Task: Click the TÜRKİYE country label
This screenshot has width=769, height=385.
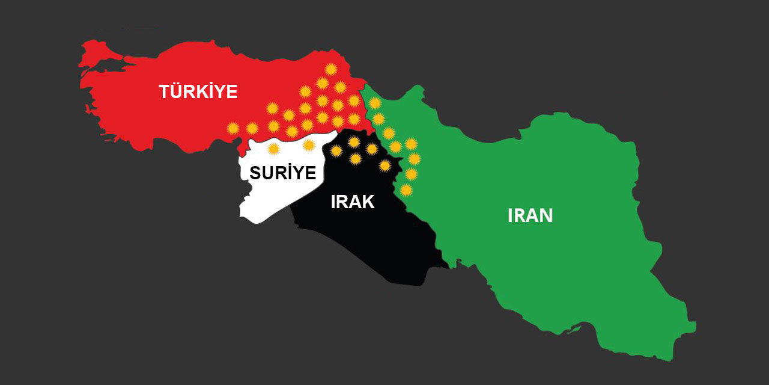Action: pyautogui.click(x=198, y=92)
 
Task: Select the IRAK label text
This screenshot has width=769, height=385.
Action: pyautogui.click(x=353, y=202)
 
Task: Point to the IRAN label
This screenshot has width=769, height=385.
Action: pyautogui.click(x=530, y=215)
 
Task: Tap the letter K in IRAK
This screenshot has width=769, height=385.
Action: pyautogui.click(x=368, y=202)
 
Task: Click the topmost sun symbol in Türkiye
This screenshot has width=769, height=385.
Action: pyautogui.click(x=329, y=69)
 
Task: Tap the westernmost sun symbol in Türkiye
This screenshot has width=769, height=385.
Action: pyautogui.click(x=233, y=128)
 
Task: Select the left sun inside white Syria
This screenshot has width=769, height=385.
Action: pyautogui.click(x=273, y=148)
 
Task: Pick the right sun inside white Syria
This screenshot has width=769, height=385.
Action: pyautogui.click(x=309, y=145)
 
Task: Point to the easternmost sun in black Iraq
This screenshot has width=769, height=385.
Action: pyautogui.click(x=385, y=165)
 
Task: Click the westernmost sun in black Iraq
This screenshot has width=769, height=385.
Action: pyautogui.click(x=336, y=150)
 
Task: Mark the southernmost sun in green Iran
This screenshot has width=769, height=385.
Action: pyautogui.click(x=407, y=190)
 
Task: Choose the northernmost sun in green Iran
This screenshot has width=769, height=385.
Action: pyautogui.click(x=375, y=103)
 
